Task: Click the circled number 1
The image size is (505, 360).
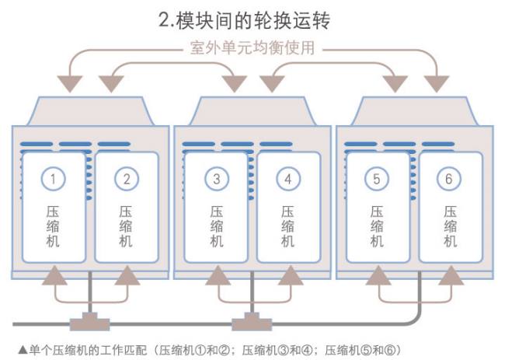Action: point(52,179)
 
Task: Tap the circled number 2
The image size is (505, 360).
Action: point(126,179)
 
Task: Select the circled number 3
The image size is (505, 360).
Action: point(217,179)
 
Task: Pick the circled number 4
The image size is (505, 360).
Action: point(288,179)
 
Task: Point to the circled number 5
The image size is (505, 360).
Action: point(377,179)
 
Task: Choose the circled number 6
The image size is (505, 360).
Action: point(449,179)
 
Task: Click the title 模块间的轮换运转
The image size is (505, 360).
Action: point(260,19)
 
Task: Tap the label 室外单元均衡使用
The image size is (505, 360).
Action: point(252,47)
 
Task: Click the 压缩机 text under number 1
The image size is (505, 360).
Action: point(52,225)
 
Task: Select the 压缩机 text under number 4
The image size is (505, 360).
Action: point(288,225)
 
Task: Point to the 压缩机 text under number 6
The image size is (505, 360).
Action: point(449,225)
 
